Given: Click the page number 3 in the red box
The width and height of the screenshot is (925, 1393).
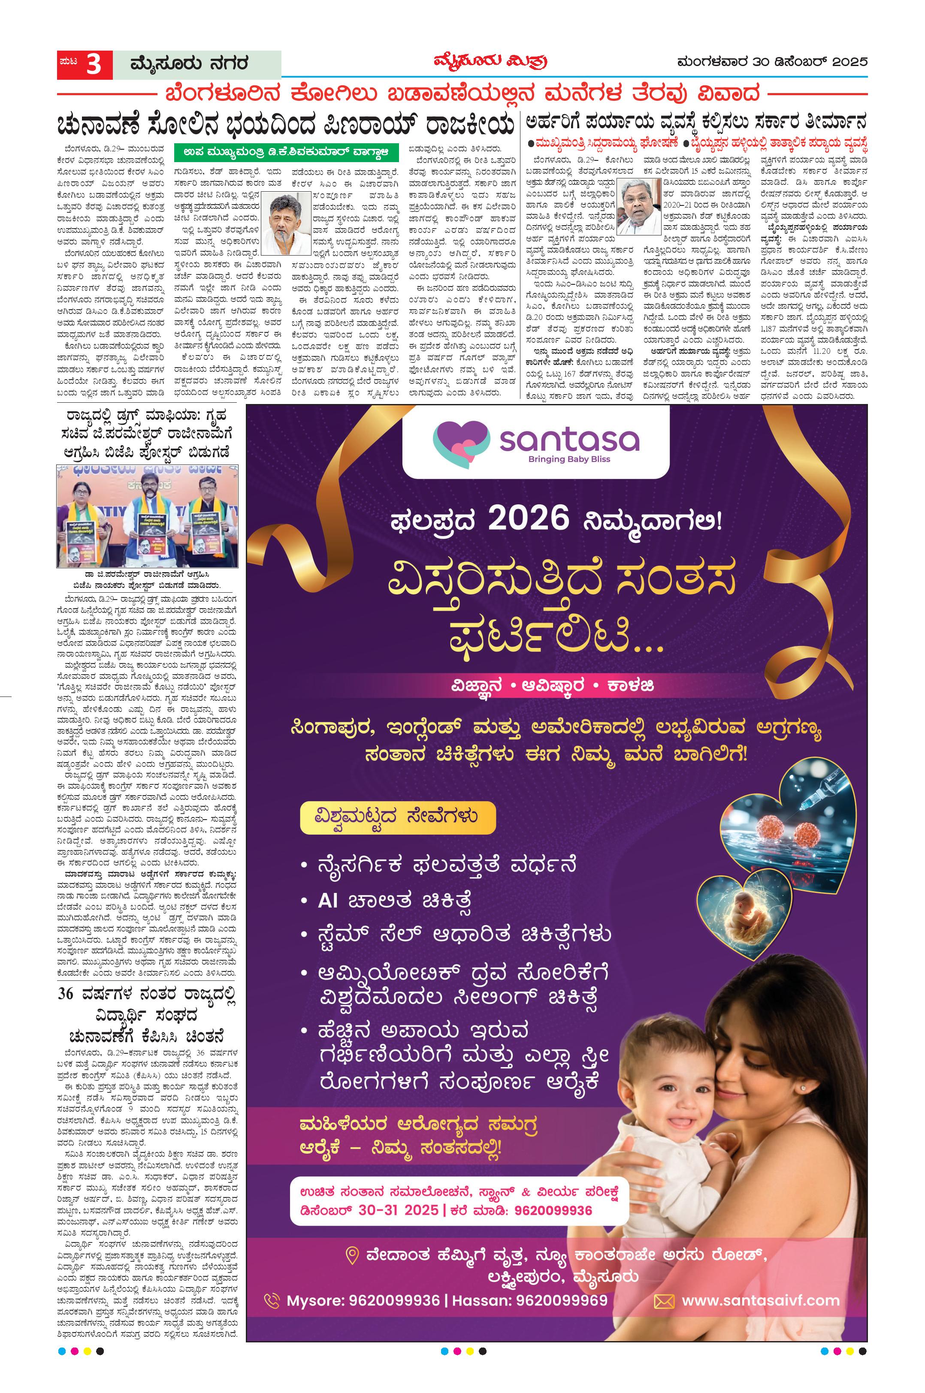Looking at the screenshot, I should click(x=94, y=64).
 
